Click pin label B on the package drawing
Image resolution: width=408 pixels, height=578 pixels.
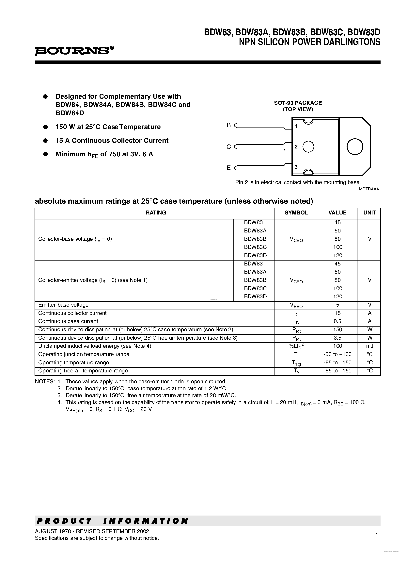(228, 125)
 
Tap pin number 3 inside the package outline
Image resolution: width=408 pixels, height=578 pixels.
(296, 167)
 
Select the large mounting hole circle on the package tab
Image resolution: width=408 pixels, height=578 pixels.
(355, 146)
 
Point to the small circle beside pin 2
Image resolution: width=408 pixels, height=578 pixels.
(308, 146)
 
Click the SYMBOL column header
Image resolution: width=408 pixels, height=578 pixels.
(296, 213)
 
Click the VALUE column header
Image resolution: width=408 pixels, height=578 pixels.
(337, 213)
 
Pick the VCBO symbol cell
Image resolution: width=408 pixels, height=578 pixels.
(296, 239)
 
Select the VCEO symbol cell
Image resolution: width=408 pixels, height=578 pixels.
(296, 280)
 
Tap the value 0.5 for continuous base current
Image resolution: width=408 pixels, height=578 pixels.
(337, 321)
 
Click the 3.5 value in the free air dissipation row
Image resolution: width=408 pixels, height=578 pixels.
(337, 338)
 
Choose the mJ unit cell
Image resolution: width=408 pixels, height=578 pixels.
(369, 346)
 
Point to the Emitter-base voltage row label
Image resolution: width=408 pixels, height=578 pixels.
(63, 305)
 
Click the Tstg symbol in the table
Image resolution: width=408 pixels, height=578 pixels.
(296, 363)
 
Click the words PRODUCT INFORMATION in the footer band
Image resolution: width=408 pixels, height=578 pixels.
(112, 521)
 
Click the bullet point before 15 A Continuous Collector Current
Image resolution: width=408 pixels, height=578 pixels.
(46, 141)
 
